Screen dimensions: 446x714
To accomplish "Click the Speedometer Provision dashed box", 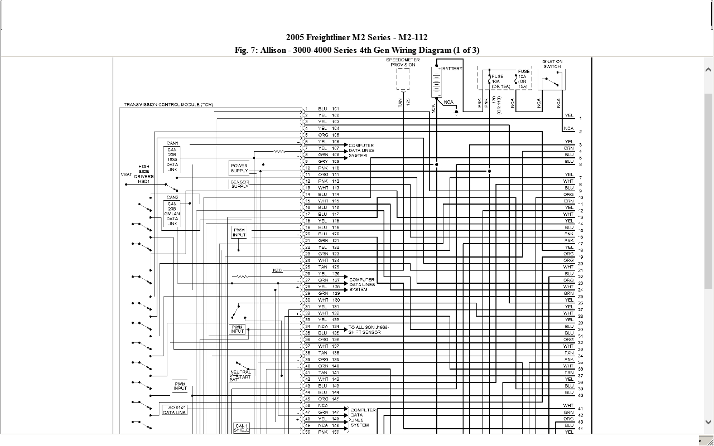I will point(403,79).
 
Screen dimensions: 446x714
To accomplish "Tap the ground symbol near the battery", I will point(457,112).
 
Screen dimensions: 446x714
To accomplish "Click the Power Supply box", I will point(239,168).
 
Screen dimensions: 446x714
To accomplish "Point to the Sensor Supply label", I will point(240,184).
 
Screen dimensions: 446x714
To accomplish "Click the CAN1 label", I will point(172,143).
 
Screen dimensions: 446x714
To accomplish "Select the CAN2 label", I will point(172,197).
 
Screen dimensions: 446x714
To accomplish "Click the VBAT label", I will point(127,174).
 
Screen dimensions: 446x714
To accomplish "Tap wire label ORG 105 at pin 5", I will point(329,135).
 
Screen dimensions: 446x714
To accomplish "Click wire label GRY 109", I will point(329,161).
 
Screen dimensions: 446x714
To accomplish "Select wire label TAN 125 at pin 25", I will point(329,267).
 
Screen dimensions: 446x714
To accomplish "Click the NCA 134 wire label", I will point(329,326).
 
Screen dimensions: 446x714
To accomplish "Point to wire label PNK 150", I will point(329,432).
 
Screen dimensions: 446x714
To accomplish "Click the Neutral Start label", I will point(240,375).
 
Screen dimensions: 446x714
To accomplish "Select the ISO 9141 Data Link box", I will point(174,410).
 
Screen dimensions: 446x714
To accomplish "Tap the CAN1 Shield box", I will point(242,428).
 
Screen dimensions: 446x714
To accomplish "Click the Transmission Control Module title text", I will point(168,105).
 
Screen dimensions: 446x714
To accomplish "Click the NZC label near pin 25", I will point(277,270).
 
